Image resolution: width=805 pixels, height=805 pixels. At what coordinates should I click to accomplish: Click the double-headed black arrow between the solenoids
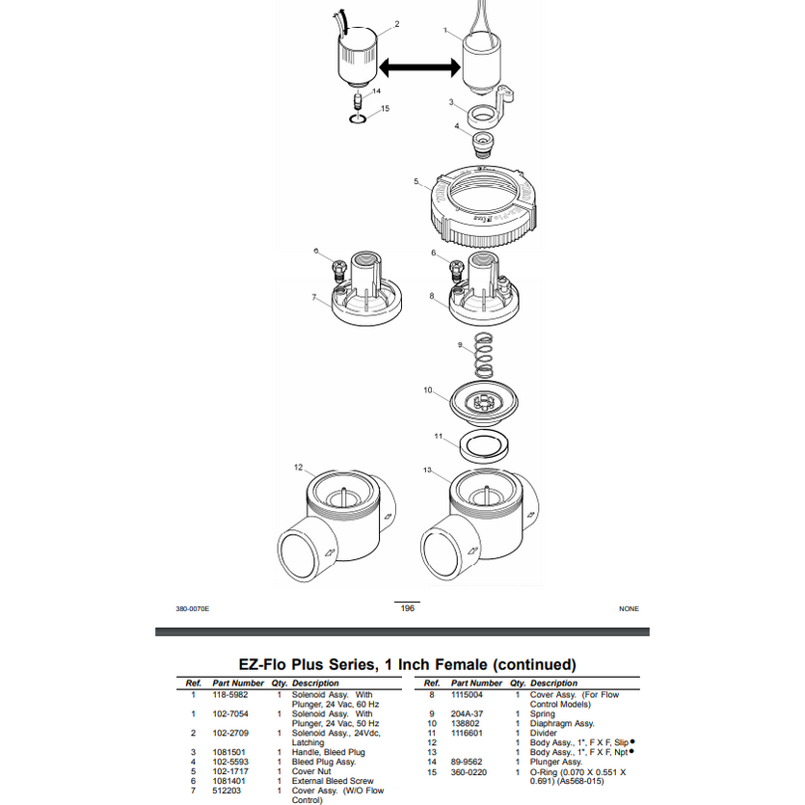click(417, 67)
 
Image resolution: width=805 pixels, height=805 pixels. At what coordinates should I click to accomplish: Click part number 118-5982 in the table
click(230, 694)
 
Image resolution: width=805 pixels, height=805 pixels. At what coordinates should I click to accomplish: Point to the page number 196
click(407, 608)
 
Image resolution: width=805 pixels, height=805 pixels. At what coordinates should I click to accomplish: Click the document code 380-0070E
click(192, 609)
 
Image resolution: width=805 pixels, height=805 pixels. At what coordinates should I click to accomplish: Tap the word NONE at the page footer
click(629, 609)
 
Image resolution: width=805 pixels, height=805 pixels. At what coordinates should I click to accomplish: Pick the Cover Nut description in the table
click(311, 771)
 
